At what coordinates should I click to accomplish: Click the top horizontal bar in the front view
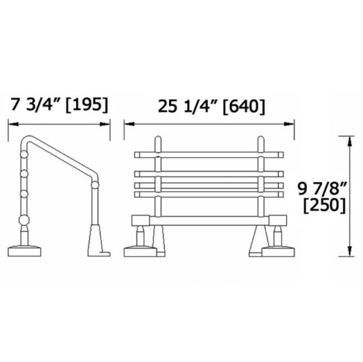tap(209, 154)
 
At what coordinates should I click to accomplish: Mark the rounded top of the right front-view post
tap(261, 140)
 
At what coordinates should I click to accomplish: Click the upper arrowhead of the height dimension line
tap(350, 140)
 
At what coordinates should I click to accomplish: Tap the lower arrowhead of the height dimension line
tap(350, 254)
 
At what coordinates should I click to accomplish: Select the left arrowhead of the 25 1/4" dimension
tap(128, 123)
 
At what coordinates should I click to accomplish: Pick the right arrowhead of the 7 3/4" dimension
tap(108, 123)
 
